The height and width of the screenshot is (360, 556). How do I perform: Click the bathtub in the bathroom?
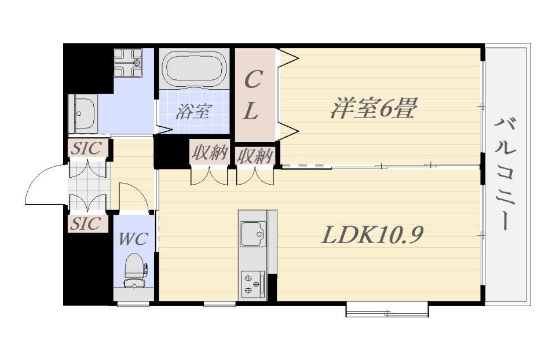click(x=194, y=68)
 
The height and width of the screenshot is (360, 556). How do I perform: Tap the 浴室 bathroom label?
click(x=193, y=111)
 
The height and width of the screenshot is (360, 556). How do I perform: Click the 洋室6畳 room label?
click(x=372, y=108)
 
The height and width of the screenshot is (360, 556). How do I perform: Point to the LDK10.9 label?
click(x=372, y=234)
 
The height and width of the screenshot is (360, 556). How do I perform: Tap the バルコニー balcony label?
click(x=505, y=174)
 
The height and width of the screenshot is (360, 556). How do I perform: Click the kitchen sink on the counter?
click(x=253, y=233)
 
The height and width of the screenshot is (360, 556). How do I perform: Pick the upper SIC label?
click(x=86, y=148)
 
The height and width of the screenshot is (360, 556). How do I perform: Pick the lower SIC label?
click(x=86, y=223)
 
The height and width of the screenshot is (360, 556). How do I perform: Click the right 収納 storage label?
click(x=255, y=156)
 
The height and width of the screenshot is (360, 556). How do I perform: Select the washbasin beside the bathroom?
click(x=83, y=113)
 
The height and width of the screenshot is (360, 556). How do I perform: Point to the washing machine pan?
click(x=128, y=63)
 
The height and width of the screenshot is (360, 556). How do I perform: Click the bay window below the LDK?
click(x=387, y=309)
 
